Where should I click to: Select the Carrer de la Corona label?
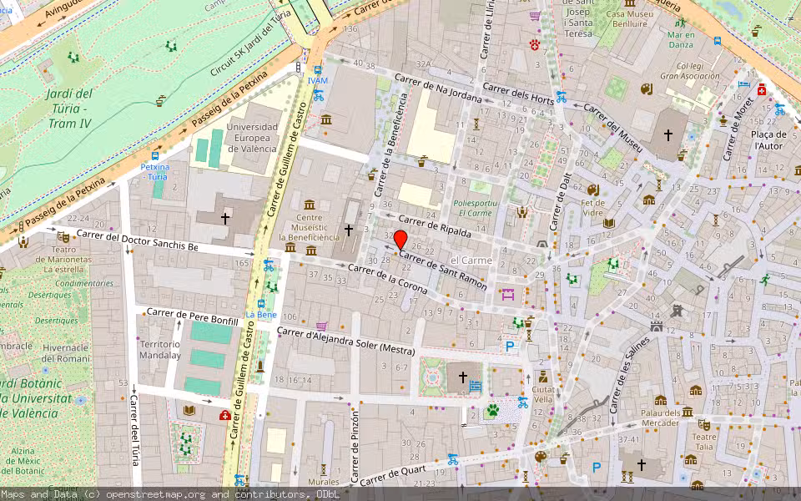tap(388, 281)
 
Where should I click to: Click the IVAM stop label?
tap(317, 80)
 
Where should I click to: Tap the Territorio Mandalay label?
tap(160, 350)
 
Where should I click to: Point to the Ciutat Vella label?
tap(543, 394)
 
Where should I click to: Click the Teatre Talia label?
tap(704, 442)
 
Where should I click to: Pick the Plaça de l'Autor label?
tap(769, 139)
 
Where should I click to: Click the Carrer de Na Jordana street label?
tap(438, 89)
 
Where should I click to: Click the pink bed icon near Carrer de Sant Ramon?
tap(506, 293)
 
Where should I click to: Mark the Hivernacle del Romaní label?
tap(65, 353)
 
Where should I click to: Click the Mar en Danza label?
tap(680, 39)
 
